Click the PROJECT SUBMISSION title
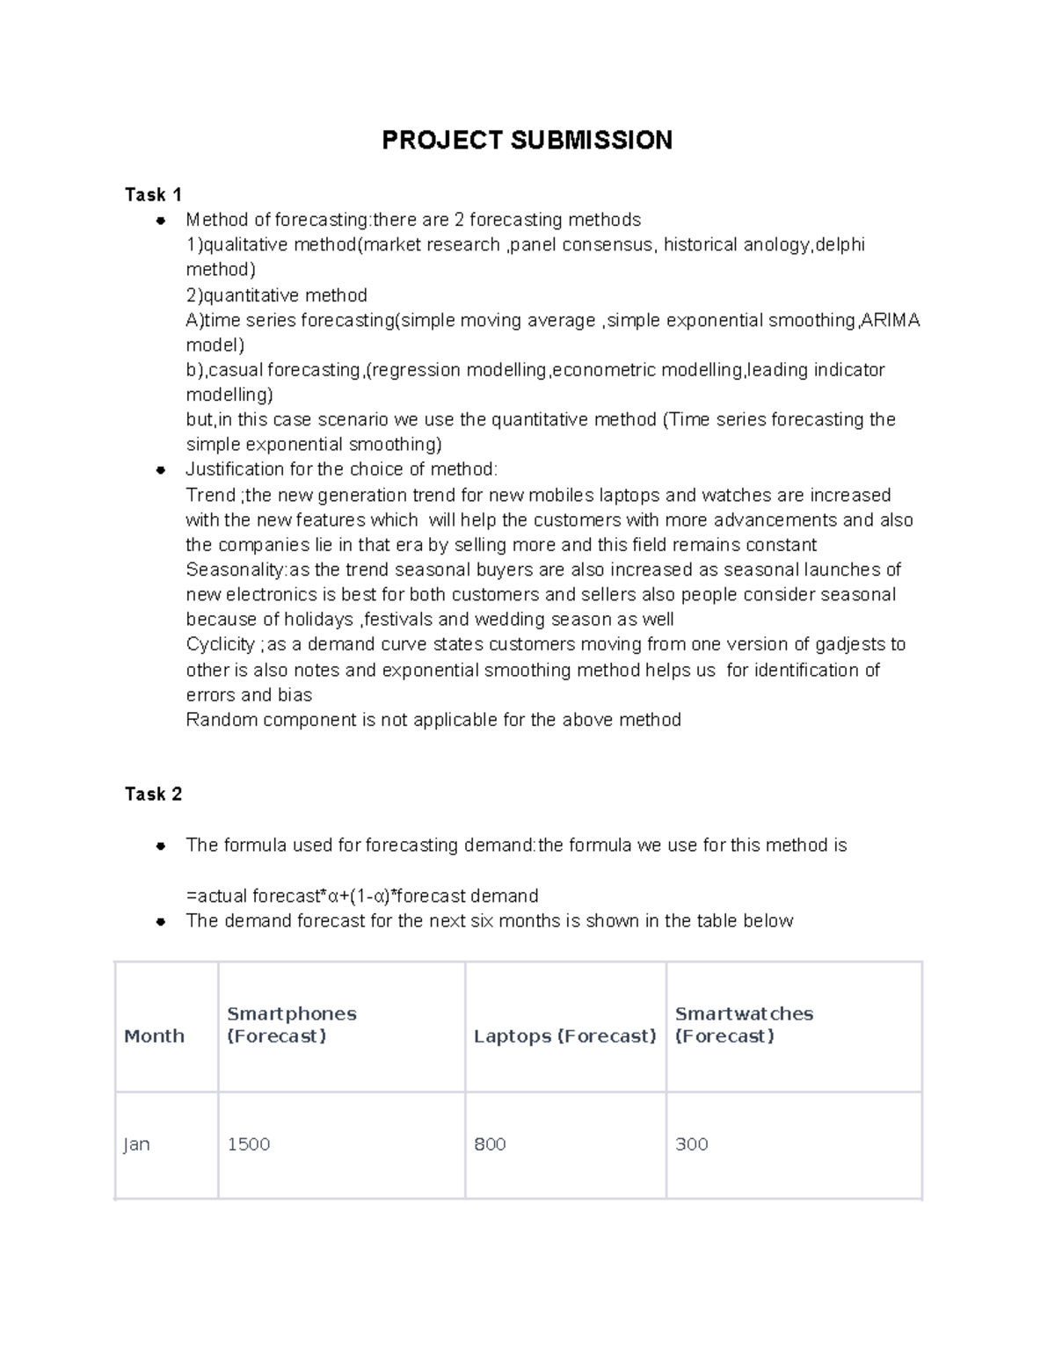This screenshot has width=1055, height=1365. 527,140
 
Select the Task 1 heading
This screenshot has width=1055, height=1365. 153,194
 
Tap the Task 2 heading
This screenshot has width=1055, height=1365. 153,794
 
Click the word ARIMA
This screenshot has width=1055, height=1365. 891,320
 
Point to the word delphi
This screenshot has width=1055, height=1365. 840,244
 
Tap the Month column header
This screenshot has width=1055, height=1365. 154,1036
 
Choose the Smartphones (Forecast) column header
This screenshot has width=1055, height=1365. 291,1025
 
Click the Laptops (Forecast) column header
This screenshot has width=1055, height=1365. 564,1036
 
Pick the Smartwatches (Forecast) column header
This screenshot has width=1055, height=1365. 744,1025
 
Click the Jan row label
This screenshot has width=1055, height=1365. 136,1144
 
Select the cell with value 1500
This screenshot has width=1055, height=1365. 249,1144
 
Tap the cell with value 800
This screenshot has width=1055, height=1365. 490,1144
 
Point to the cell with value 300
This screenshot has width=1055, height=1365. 691,1144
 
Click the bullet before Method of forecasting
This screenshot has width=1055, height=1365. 161,220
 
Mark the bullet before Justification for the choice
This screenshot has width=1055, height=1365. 161,469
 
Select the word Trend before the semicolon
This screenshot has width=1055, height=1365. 210,495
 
